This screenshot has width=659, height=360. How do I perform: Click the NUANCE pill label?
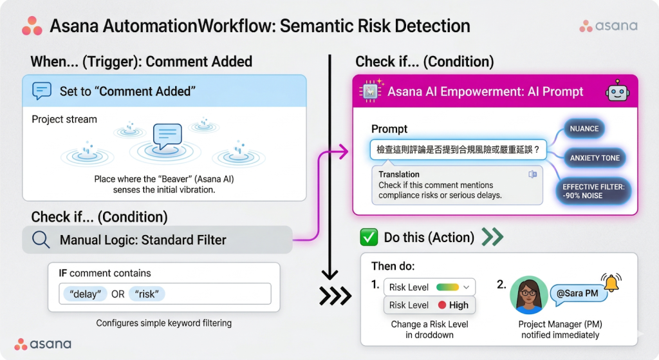click(x=584, y=129)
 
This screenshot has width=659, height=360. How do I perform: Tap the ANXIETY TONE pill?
click(x=594, y=158)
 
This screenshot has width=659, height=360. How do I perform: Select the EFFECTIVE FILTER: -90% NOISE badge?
click(x=593, y=191)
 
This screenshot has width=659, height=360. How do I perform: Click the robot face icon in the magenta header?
click(x=617, y=91)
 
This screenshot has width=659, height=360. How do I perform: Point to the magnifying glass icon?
click(x=41, y=240)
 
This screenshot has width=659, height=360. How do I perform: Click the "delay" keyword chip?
click(x=85, y=294)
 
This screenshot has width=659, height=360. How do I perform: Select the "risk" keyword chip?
click(x=147, y=294)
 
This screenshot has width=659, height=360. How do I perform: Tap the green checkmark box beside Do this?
click(x=369, y=237)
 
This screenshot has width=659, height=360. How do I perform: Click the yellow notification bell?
click(x=611, y=283)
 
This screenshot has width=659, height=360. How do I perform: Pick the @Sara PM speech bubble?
click(x=579, y=293)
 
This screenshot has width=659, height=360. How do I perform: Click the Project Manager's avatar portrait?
click(x=529, y=295)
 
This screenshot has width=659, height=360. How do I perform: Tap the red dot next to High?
click(x=441, y=305)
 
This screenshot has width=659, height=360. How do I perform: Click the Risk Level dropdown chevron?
click(x=466, y=287)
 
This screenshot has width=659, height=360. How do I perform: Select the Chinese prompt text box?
click(x=458, y=149)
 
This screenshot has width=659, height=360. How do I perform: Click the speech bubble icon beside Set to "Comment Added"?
click(x=42, y=91)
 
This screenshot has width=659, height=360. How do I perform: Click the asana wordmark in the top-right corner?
click(x=616, y=26)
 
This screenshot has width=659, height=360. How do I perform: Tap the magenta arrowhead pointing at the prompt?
click(x=344, y=151)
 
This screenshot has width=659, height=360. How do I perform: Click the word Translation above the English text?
click(x=399, y=174)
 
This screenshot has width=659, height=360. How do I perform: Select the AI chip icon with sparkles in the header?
click(x=371, y=90)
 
